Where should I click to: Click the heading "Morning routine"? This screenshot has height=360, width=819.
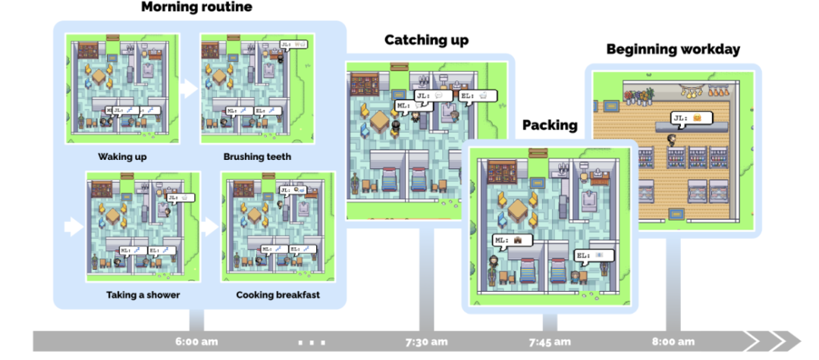point(196,8)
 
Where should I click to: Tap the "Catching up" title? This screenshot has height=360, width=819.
point(426,40)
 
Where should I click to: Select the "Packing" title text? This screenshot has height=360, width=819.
point(550,125)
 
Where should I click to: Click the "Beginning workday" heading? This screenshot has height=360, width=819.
point(673,50)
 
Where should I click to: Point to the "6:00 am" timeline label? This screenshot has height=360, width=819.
point(197,342)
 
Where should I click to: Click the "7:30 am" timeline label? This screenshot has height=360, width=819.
point(425,342)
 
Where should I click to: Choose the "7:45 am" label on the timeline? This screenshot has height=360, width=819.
point(550,342)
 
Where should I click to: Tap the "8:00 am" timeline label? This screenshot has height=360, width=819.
point(673,342)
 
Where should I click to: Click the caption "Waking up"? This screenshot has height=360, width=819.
point(122,158)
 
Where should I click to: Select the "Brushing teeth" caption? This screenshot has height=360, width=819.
point(257,158)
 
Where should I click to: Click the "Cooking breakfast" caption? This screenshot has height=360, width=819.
point(278,295)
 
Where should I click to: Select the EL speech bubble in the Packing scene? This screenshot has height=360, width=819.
point(592,256)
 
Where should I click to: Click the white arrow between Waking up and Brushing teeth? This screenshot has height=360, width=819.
point(189,88)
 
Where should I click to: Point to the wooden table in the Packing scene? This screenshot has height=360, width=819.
point(519,208)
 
